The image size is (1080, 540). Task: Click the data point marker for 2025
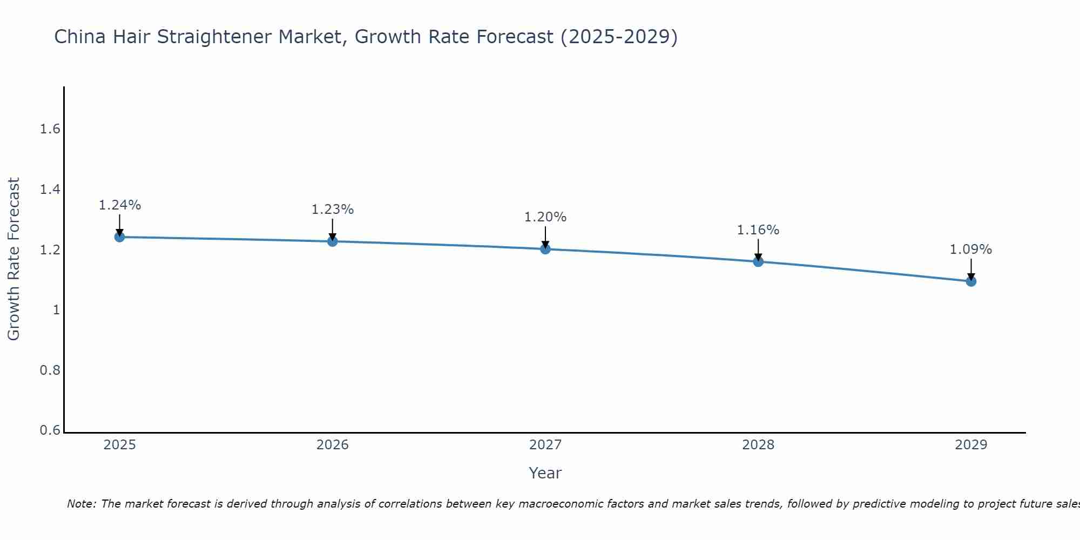(x=119, y=237)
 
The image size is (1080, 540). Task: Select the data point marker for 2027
(x=545, y=249)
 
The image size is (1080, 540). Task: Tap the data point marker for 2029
(x=971, y=281)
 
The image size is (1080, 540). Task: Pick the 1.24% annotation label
(x=120, y=205)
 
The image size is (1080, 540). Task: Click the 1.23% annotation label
(x=333, y=210)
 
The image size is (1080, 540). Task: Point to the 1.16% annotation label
(x=758, y=230)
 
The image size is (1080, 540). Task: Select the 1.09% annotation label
(x=971, y=249)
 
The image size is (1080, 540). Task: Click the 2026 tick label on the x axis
(x=333, y=445)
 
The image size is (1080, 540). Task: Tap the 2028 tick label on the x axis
(x=758, y=445)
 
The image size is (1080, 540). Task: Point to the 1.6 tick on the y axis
(x=50, y=129)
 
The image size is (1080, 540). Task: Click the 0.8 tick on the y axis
(x=50, y=370)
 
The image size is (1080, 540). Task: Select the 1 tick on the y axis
(x=56, y=310)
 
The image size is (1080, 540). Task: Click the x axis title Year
(x=545, y=473)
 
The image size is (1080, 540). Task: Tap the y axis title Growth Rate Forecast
(x=13, y=259)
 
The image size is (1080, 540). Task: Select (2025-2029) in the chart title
(x=619, y=37)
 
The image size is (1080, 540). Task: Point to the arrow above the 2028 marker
(x=758, y=249)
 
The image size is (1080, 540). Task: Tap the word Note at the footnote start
(x=80, y=504)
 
